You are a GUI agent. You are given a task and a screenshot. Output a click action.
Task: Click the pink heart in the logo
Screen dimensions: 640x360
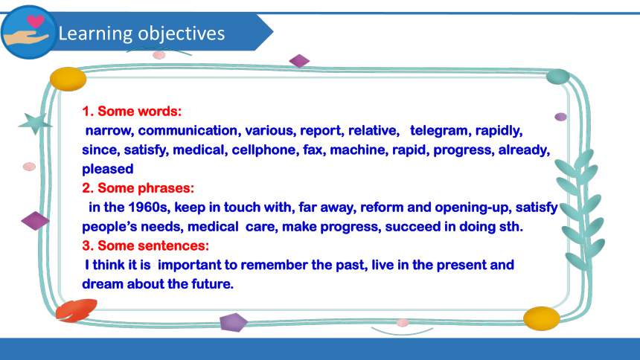[x=36, y=21]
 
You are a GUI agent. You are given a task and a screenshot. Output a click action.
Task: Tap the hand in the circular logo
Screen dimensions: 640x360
[x=25, y=37]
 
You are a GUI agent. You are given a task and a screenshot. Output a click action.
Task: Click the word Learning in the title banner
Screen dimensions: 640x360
[x=95, y=33]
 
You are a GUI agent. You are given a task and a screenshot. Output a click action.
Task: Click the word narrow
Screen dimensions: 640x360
[x=108, y=131]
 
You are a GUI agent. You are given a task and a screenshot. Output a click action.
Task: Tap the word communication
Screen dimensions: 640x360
[x=188, y=131]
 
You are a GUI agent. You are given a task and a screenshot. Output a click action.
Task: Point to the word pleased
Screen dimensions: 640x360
[x=108, y=169]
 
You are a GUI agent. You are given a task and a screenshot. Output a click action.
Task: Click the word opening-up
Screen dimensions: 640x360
[x=473, y=208]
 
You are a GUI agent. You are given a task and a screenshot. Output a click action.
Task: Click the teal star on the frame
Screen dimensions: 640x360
[x=35, y=123]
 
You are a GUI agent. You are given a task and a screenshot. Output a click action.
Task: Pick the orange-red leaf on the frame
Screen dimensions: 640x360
[x=77, y=310]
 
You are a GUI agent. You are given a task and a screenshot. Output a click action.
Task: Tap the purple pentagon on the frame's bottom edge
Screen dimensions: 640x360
[x=234, y=322]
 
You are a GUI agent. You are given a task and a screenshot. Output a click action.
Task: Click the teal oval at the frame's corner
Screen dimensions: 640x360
[x=557, y=77]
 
